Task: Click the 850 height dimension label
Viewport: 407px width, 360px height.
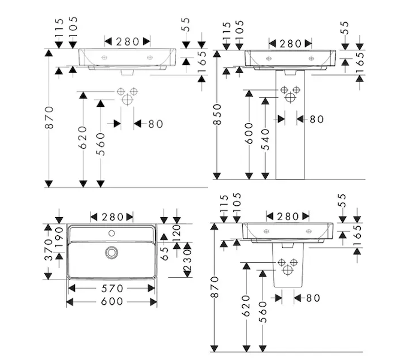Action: click(x=217, y=114)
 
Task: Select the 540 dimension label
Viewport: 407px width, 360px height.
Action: click(x=266, y=139)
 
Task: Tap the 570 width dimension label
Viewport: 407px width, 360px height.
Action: click(x=112, y=289)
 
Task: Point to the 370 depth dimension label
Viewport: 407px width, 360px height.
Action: click(x=49, y=250)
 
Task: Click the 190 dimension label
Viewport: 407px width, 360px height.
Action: click(x=59, y=237)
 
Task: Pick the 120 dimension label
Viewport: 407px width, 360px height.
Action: click(x=176, y=233)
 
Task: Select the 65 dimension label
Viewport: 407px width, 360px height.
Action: click(x=165, y=254)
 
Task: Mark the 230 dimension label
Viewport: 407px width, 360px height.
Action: click(x=188, y=260)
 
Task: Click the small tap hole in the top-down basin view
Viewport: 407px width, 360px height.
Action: click(x=112, y=233)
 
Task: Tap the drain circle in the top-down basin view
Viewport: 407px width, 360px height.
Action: click(x=112, y=252)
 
